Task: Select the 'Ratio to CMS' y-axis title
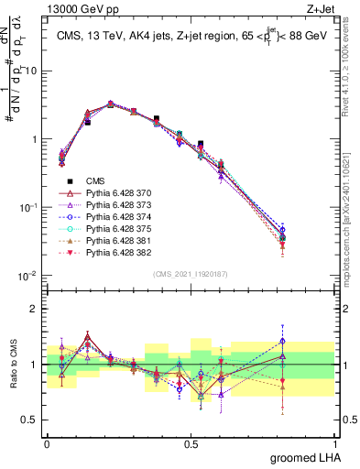tap(11, 364)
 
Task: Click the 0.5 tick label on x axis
tap(191, 442)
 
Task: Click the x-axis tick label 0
tap(47, 442)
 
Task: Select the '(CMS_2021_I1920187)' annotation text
tap(191, 273)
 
